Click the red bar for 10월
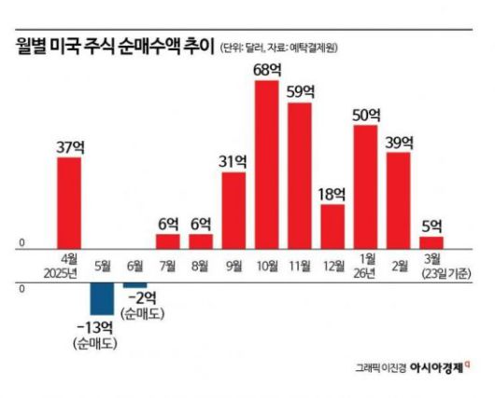pyautogui.click(x=266, y=164)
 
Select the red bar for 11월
pyautogui.click(x=299, y=175)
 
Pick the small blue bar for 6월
pyautogui.click(x=134, y=285)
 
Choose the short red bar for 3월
pyautogui.click(x=431, y=242)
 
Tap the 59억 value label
pyautogui.click(x=300, y=91)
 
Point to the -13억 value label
pyautogui.click(x=96, y=327)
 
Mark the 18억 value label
pyautogui.click(x=332, y=193)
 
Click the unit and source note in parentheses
pyautogui.click(x=281, y=47)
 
